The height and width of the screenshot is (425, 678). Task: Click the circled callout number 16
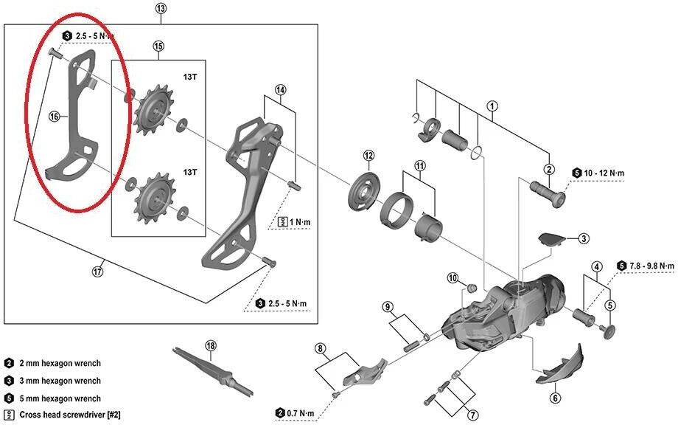click(54, 117)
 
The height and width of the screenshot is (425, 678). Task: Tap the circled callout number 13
click(160, 8)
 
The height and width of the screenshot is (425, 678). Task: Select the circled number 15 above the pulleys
click(158, 46)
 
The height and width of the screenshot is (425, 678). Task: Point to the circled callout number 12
click(368, 156)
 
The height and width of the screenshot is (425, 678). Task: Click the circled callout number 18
click(211, 346)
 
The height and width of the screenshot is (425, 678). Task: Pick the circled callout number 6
click(555, 397)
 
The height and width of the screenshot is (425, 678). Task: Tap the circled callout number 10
click(452, 278)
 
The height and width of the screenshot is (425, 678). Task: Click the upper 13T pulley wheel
click(154, 110)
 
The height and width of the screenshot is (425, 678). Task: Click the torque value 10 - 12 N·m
click(604, 173)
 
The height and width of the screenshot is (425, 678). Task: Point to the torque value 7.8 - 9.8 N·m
click(651, 266)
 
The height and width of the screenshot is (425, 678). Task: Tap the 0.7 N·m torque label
click(300, 414)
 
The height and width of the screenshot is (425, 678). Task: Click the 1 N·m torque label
click(300, 222)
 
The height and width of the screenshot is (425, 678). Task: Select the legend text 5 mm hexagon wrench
click(60, 398)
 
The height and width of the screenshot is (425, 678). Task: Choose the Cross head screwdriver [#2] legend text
click(69, 415)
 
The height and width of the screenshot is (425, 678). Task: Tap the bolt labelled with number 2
click(548, 194)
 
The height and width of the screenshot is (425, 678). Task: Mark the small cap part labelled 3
click(552, 239)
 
